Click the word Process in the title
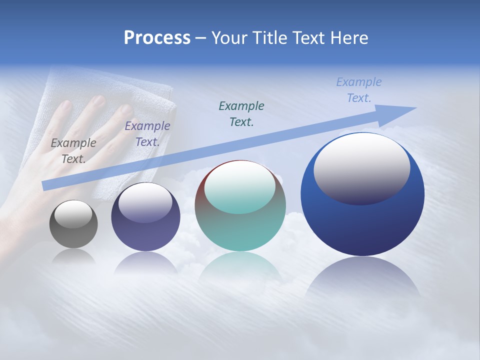click(157, 38)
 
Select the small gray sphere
click(73, 235)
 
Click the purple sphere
click(145, 235)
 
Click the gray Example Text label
click(73, 151)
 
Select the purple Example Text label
click(147, 134)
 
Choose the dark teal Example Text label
click(241, 113)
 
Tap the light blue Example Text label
click(358, 90)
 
